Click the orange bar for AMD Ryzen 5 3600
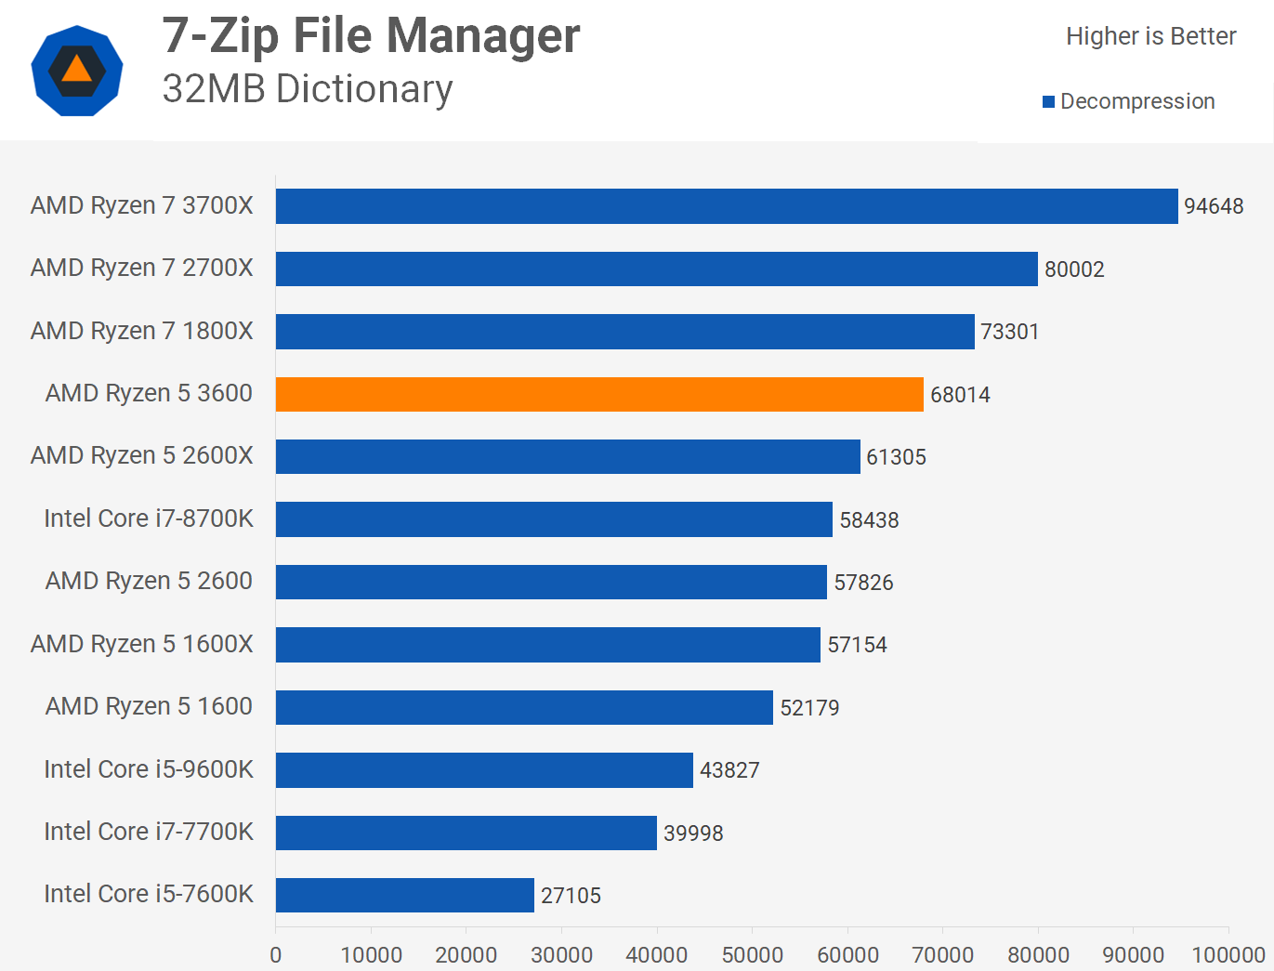(x=599, y=394)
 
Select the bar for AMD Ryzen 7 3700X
(x=727, y=206)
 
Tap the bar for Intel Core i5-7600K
(x=405, y=895)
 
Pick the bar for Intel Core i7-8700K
(x=554, y=519)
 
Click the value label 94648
(x=1214, y=206)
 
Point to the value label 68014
(x=960, y=395)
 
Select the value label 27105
(x=571, y=896)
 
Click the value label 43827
(x=729, y=770)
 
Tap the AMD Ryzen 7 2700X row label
(x=141, y=268)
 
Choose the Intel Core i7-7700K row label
(x=149, y=832)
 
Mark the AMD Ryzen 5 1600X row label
(x=141, y=644)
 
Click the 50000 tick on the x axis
(x=752, y=954)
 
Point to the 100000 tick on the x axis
(x=1228, y=954)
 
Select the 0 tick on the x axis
(x=276, y=954)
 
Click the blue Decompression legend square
(x=1048, y=102)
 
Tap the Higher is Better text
(x=1150, y=36)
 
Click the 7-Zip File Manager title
(x=371, y=36)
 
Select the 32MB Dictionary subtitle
(x=308, y=89)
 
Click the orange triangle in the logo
(x=77, y=71)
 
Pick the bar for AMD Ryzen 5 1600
(x=524, y=707)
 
